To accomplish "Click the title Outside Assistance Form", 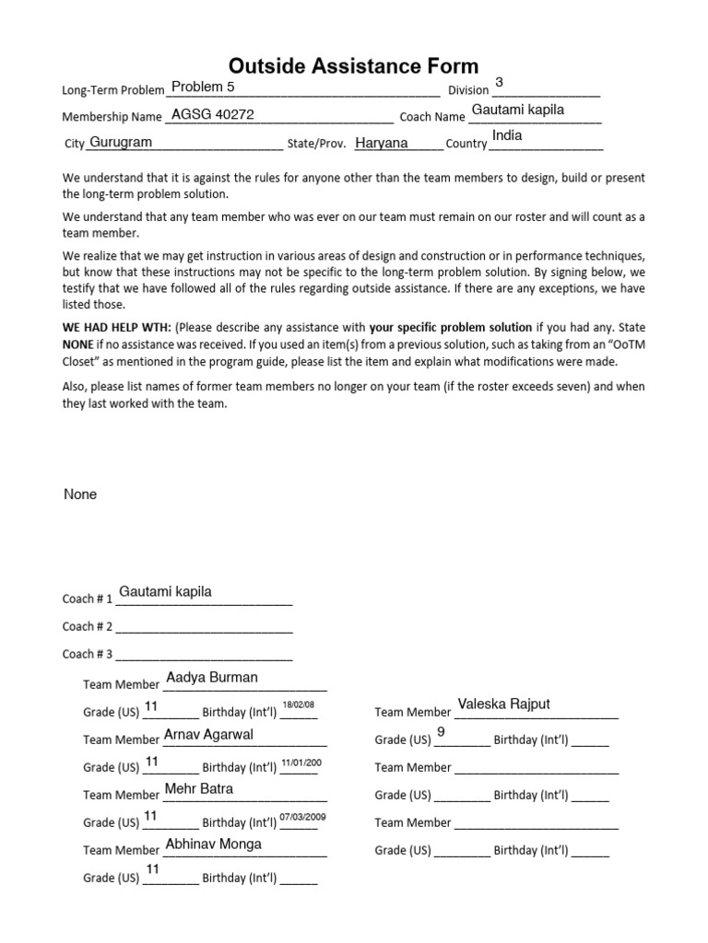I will (354, 65).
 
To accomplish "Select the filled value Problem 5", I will (204, 87).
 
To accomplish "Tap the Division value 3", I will (499, 83).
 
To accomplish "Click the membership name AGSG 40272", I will (213, 115).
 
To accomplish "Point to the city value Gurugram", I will (121, 143).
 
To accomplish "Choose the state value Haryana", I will (382, 143).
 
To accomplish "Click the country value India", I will (507, 135).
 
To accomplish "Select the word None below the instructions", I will (80, 495).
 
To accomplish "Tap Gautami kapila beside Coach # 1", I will (166, 591).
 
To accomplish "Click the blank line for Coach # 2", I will (204, 628).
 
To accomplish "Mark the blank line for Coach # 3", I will (204, 656).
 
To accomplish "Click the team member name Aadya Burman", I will (212, 677).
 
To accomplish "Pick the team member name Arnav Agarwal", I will (208, 734).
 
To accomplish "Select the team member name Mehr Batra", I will (198, 788).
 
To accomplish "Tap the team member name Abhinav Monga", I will (213, 844).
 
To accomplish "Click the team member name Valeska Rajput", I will (503, 704).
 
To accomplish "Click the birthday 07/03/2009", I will (302, 817).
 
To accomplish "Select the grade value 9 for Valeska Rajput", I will (441, 732).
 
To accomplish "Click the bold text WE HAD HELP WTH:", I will (116, 327).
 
